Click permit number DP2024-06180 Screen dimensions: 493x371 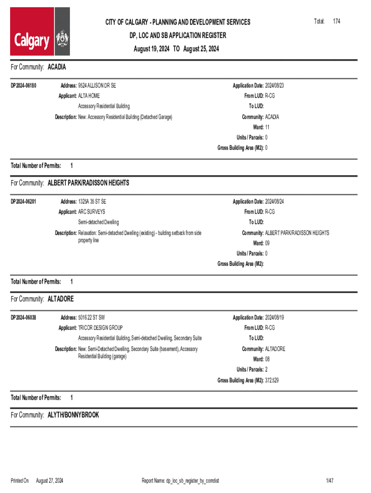click(24, 86)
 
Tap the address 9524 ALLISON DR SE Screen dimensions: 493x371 click(97, 86)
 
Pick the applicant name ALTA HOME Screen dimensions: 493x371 click(89, 96)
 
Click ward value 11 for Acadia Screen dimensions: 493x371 click(268, 127)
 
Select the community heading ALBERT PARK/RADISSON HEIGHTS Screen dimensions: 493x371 click(88, 183)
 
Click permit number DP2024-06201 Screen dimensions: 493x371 click(24, 202)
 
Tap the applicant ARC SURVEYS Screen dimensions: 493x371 click(92, 212)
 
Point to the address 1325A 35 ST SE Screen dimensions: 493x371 click(92, 202)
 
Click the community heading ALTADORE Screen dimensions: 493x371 click(61, 299)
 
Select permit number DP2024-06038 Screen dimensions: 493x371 click(24, 318)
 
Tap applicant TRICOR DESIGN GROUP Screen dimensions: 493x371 click(100, 328)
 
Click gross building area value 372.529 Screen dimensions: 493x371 click(272, 380)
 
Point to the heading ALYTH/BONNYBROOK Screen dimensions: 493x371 click(73, 415)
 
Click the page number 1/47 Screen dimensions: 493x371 click(330, 480)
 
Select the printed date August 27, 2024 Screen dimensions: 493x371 click(50, 480)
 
